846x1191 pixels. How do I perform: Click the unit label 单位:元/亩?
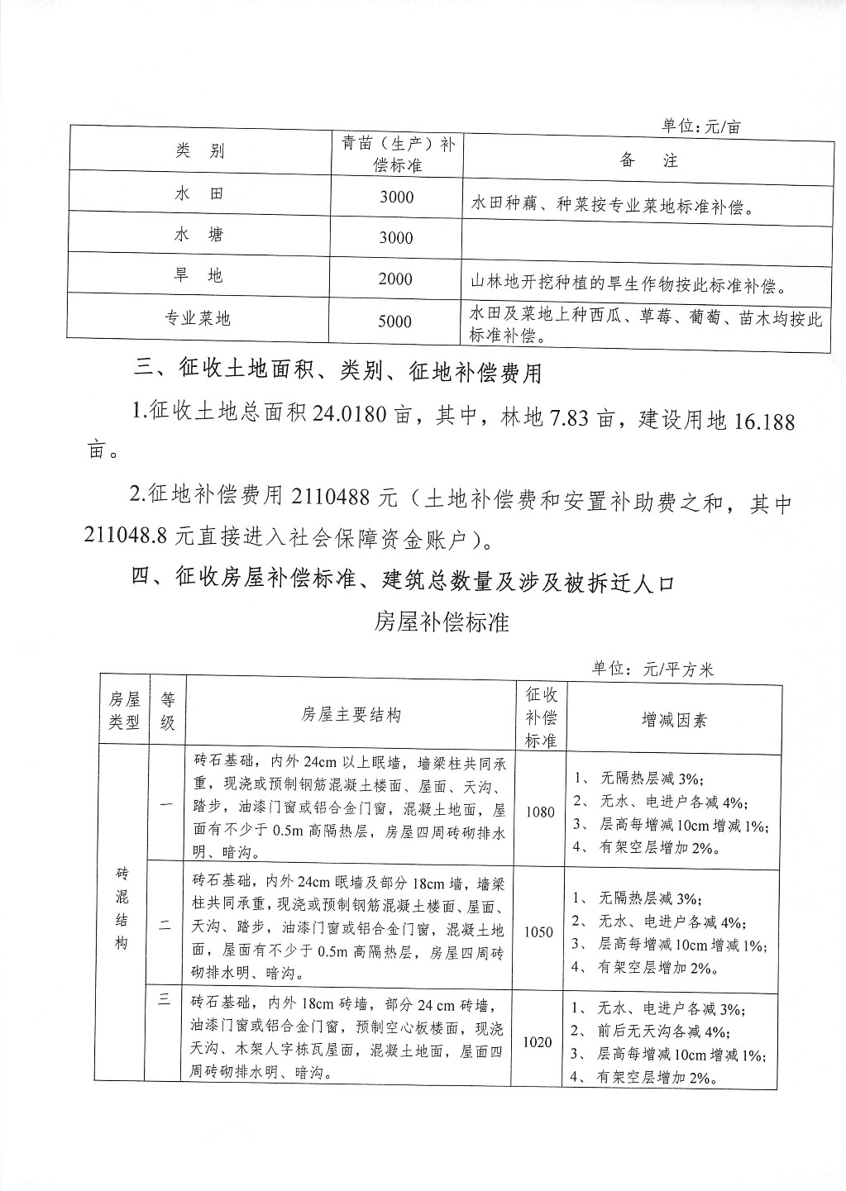(700, 126)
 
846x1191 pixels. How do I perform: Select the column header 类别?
(199, 150)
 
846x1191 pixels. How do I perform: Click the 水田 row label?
(199, 193)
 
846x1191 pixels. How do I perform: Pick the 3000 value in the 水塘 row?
(395, 238)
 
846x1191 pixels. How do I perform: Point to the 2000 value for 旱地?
(395, 279)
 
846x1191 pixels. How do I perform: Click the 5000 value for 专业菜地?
(395, 322)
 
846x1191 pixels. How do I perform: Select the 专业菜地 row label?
(198, 317)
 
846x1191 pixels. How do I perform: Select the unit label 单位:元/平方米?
(652, 669)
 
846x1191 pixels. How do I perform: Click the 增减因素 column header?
(674, 720)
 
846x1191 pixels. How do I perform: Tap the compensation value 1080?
(539, 812)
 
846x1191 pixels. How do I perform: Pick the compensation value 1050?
(539, 931)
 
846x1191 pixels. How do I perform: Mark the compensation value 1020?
(538, 1042)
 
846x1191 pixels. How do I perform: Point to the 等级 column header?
(168, 711)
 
